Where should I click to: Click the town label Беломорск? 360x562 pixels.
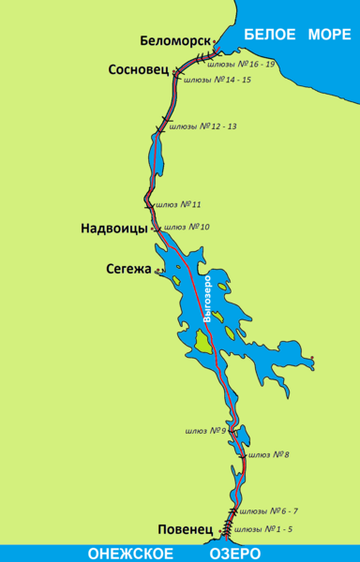pyautogui.click(x=175, y=40)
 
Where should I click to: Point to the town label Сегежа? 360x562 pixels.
pyautogui.click(x=129, y=270)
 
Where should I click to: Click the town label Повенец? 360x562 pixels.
pyautogui.click(x=187, y=529)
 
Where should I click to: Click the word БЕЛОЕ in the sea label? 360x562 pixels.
pyautogui.click(x=266, y=35)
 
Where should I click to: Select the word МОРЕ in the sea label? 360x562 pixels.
pyautogui.click(x=328, y=35)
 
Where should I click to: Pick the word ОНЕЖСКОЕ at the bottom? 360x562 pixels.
pyautogui.click(x=121, y=553)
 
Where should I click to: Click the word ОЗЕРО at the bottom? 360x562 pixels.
pyautogui.click(x=249, y=553)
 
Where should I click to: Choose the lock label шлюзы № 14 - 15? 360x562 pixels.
pyautogui.click(x=217, y=81)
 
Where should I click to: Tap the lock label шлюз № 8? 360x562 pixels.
pyautogui.click(x=268, y=454)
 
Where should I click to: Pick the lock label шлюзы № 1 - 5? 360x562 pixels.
pyautogui.click(x=265, y=529)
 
